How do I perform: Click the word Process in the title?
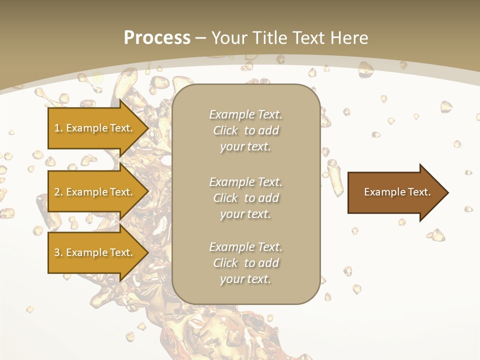(157, 38)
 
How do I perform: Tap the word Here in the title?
(349, 38)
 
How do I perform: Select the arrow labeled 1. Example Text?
(95, 128)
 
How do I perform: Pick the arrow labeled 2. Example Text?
(95, 192)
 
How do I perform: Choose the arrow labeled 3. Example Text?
(95, 252)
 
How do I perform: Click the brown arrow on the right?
(395, 192)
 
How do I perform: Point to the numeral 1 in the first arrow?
(57, 128)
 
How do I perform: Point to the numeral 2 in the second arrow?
(57, 192)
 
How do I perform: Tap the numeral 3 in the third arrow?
(57, 252)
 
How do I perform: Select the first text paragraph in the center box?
(245, 130)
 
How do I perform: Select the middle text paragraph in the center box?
(245, 198)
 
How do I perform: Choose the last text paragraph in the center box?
(245, 263)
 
